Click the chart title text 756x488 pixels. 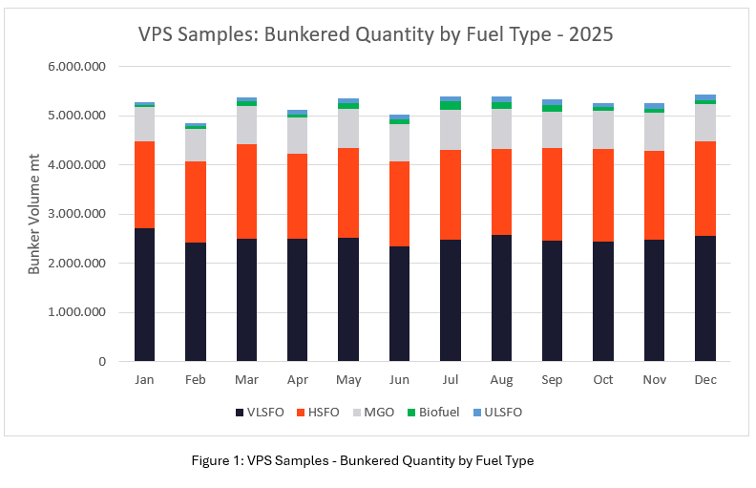377,35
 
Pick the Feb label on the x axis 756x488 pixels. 195,380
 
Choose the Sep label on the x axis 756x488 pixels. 552,380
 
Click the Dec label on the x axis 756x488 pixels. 704,380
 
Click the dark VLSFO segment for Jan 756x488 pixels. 144,295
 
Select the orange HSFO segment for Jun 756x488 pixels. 399,203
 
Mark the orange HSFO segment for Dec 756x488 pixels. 705,188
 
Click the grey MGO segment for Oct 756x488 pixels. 603,130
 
